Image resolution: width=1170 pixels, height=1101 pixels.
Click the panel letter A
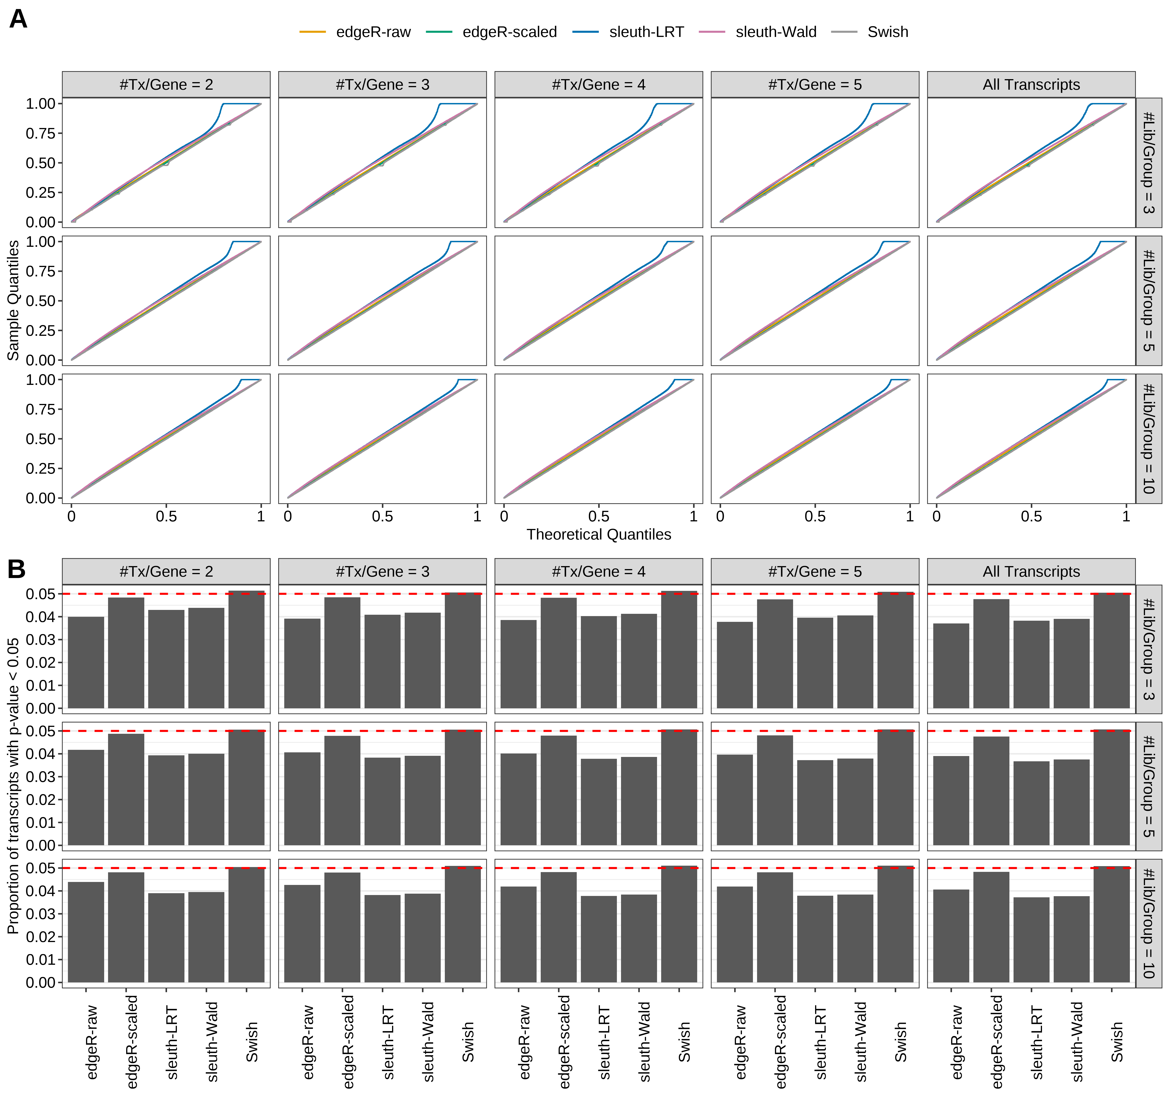click(x=18, y=19)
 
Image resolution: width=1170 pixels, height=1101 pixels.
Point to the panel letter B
click(x=17, y=569)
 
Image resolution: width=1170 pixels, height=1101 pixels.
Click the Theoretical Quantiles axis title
click(x=599, y=534)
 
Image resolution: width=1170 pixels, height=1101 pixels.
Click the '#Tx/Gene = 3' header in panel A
click(x=383, y=85)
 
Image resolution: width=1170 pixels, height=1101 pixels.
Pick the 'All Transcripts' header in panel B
click(x=1031, y=571)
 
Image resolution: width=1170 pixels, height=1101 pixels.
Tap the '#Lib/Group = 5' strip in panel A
click(x=1148, y=301)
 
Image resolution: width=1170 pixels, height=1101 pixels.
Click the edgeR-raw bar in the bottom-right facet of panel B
click(x=951, y=936)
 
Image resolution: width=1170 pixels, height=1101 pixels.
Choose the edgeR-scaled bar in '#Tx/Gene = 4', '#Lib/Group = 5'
click(x=559, y=790)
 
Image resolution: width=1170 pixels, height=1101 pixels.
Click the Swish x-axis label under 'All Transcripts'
click(x=1117, y=1042)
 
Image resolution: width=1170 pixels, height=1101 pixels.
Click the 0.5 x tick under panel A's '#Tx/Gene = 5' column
click(x=815, y=517)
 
